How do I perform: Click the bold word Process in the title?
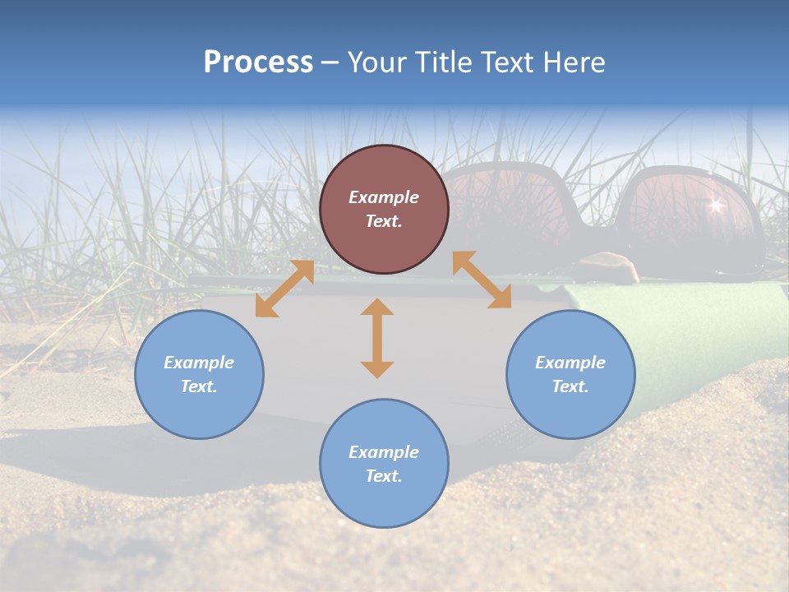258,62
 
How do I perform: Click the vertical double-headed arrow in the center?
377,338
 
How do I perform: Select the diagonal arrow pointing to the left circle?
284,289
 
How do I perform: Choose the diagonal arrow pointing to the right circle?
482,280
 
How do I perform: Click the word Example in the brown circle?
384,197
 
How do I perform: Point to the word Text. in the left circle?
199,386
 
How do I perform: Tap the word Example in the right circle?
570,363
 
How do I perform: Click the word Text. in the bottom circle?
384,476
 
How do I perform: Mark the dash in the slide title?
330,62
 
